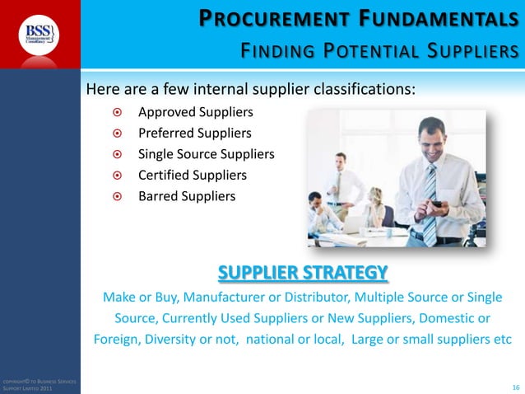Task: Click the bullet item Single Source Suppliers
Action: (206, 154)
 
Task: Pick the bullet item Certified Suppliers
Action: (192, 175)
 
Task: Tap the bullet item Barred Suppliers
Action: (186, 196)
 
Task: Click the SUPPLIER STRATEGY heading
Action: (302, 272)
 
